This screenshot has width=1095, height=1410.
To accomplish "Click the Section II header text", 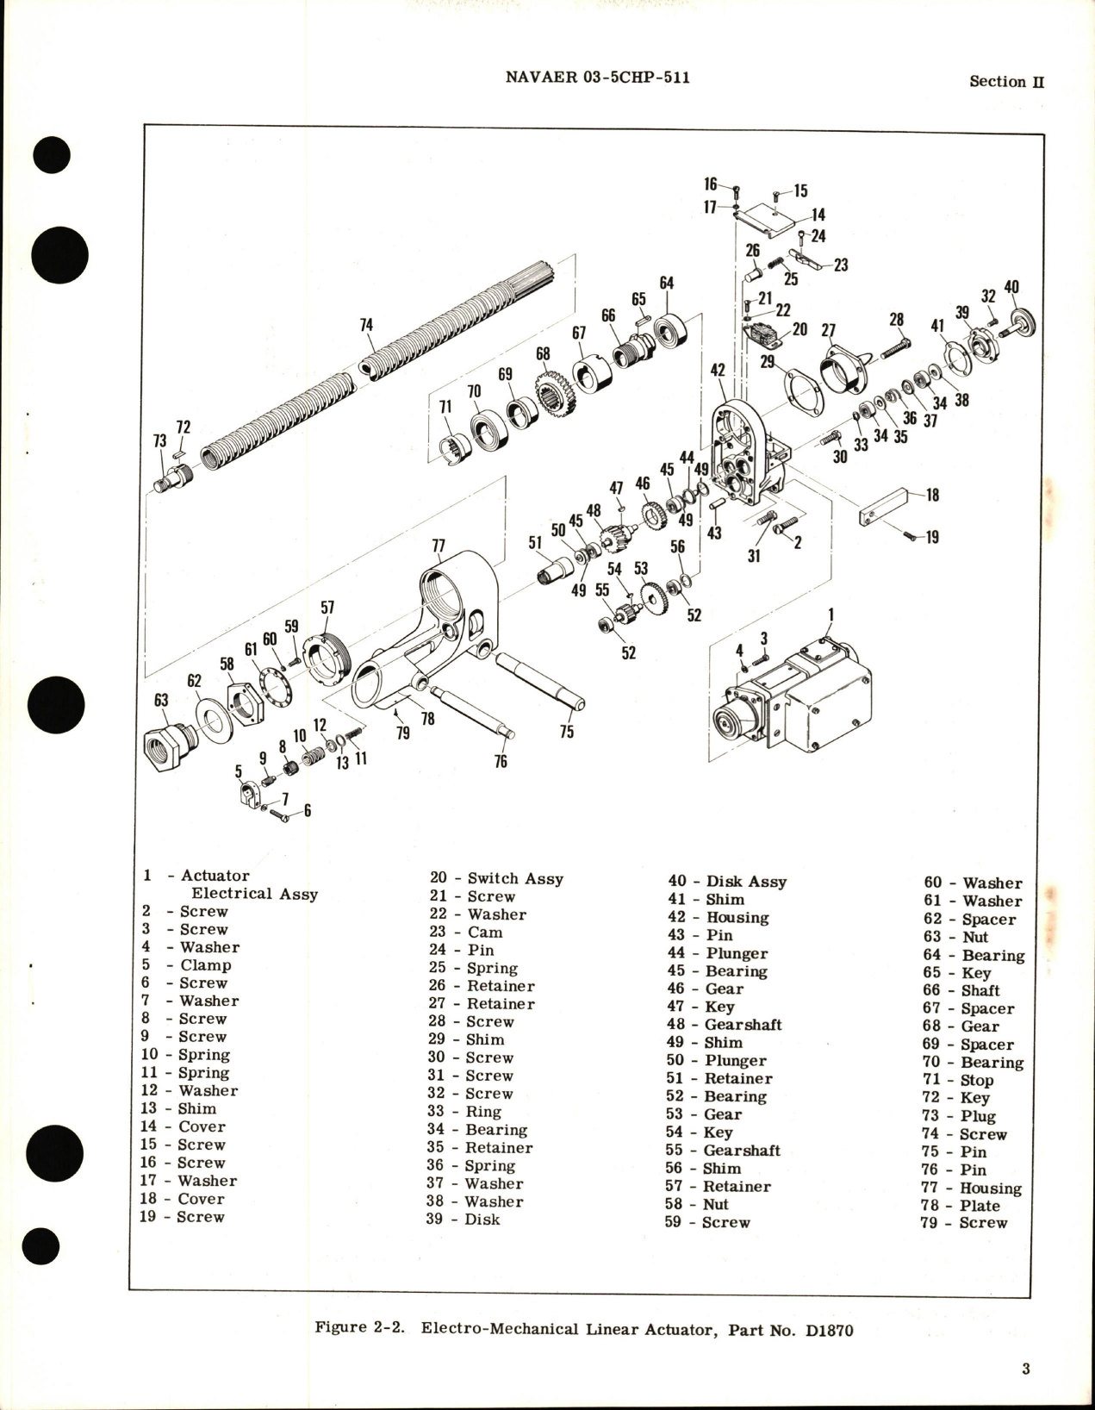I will pos(1006,82).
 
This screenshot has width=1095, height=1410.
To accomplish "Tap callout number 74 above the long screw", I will pos(366,325).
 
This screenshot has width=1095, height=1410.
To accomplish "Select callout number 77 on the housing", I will pos(438,546).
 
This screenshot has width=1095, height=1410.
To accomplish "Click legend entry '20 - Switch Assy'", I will pos(496,878).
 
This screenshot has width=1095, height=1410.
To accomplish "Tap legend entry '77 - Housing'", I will pos(971,1188).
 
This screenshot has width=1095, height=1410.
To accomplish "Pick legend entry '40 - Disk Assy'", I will pos(727,882).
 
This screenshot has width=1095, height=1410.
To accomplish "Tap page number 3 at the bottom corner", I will pos(1025,1369).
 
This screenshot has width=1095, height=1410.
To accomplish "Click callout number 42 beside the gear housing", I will pos(718,370).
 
